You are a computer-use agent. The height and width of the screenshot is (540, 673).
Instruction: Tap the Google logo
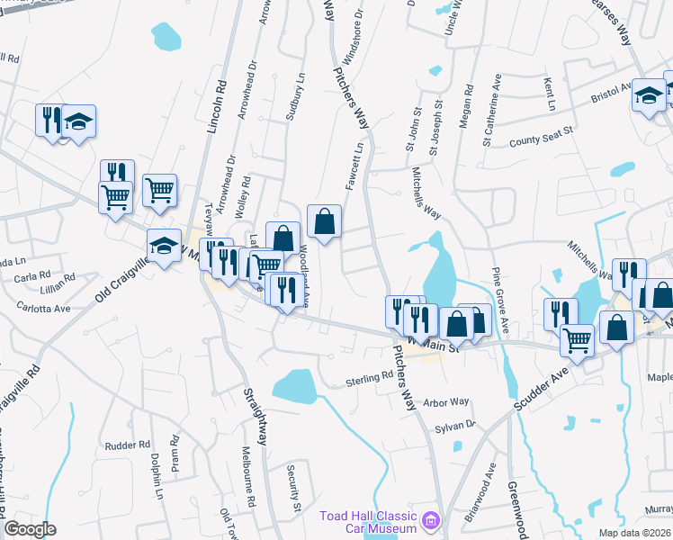tap(30, 529)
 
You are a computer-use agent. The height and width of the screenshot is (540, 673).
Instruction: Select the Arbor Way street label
tap(446, 402)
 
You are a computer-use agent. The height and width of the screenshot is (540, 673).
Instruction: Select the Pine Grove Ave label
tap(499, 298)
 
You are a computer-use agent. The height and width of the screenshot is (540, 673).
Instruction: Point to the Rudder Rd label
tap(126, 445)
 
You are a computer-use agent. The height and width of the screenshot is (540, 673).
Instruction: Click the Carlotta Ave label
tap(43, 307)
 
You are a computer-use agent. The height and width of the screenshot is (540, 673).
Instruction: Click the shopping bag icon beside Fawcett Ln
tap(324, 221)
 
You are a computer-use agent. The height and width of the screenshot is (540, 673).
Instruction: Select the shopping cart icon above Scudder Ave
tap(577, 340)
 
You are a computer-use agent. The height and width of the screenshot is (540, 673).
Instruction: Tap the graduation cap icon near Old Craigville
tap(164, 246)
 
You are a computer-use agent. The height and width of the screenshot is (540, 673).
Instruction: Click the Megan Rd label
tap(466, 106)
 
